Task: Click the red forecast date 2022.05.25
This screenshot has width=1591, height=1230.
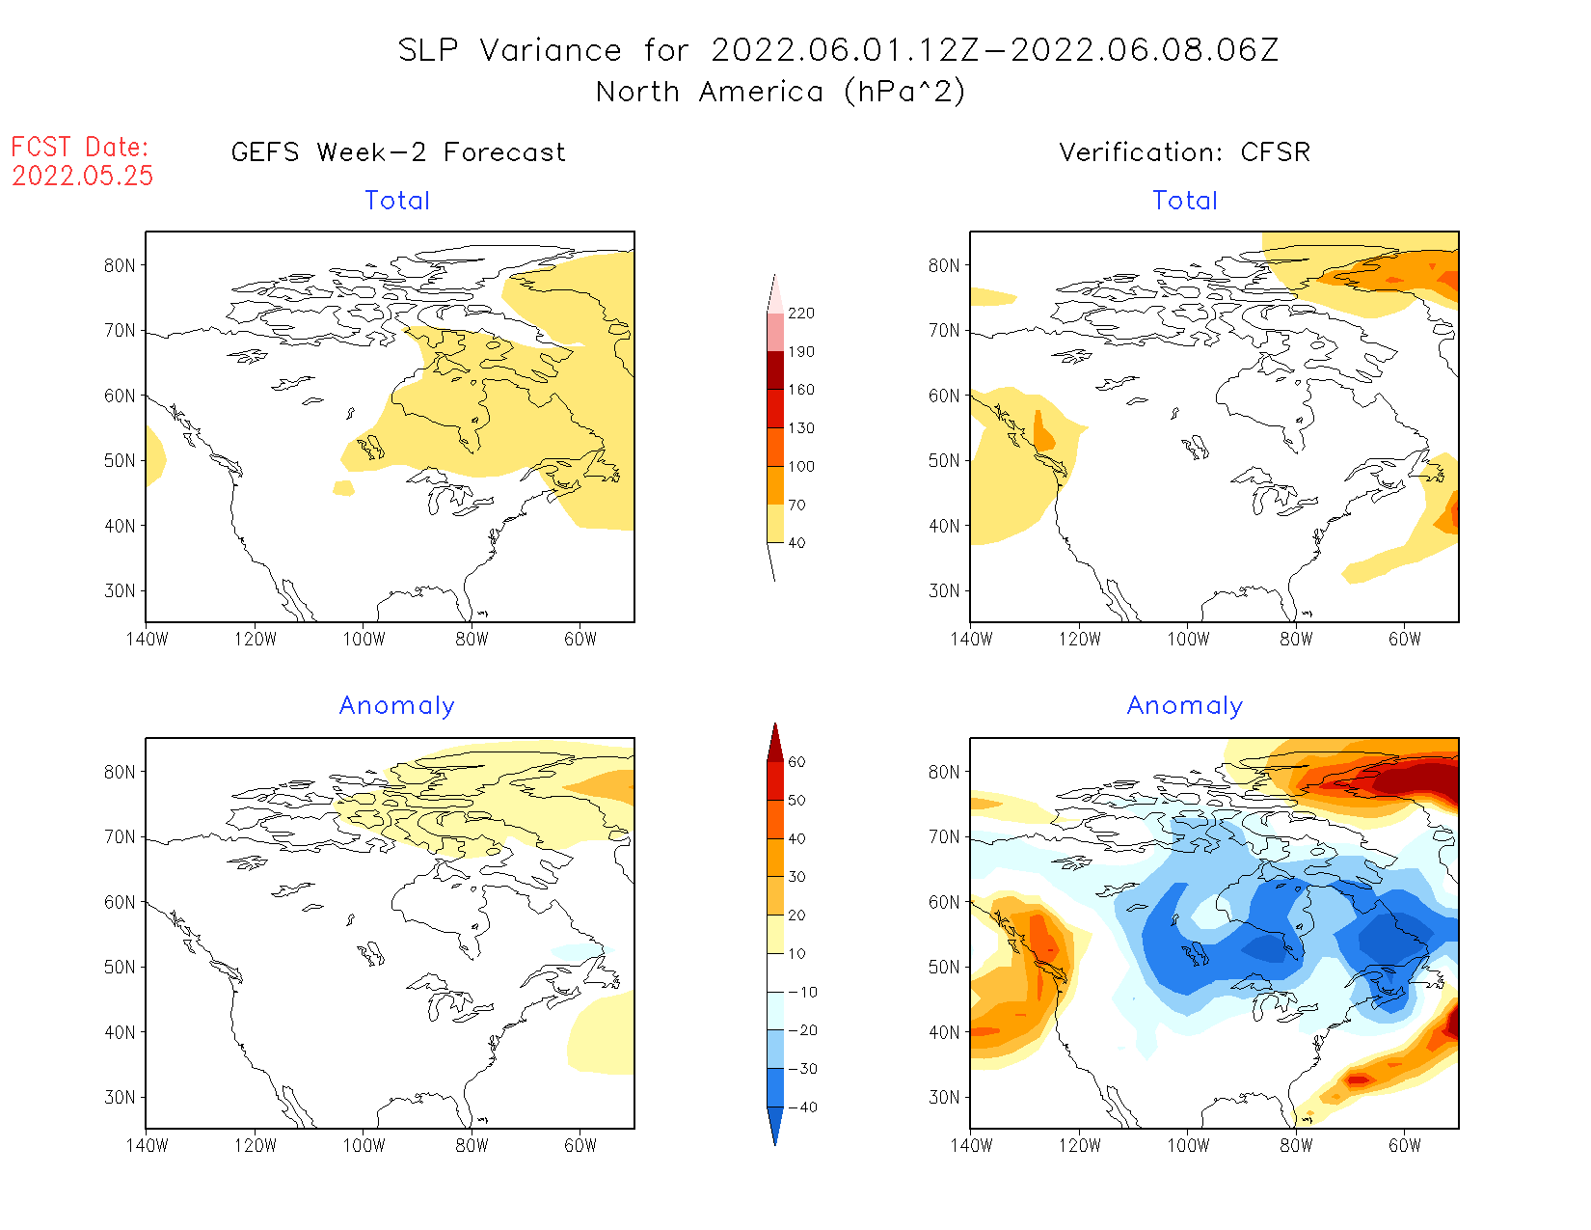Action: coord(83,176)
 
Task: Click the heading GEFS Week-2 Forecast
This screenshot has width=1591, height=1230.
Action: coord(398,152)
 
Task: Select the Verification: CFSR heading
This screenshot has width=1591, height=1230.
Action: coord(1184,152)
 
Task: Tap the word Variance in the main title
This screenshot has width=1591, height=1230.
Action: coord(551,50)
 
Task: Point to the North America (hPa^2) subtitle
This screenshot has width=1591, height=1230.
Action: coord(780,92)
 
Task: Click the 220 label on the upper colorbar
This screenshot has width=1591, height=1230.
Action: coord(800,314)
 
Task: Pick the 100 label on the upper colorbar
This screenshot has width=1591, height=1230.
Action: coord(800,466)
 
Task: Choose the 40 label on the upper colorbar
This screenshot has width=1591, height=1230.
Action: coord(796,543)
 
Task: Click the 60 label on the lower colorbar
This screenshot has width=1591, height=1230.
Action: coord(796,762)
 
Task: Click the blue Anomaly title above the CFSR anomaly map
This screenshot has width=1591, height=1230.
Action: coord(1184,706)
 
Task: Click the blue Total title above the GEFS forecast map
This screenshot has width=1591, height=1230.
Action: coord(397,201)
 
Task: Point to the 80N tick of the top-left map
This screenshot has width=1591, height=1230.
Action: coord(120,266)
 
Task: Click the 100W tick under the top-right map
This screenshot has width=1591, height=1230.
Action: coord(1188,639)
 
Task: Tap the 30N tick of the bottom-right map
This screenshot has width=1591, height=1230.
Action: coord(944,1097)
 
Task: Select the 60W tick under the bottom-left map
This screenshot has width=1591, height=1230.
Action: coord(580,1145)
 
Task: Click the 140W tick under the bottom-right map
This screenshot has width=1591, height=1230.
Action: coord(971,1145)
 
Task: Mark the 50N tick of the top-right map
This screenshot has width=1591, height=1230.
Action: coord(944,461)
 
